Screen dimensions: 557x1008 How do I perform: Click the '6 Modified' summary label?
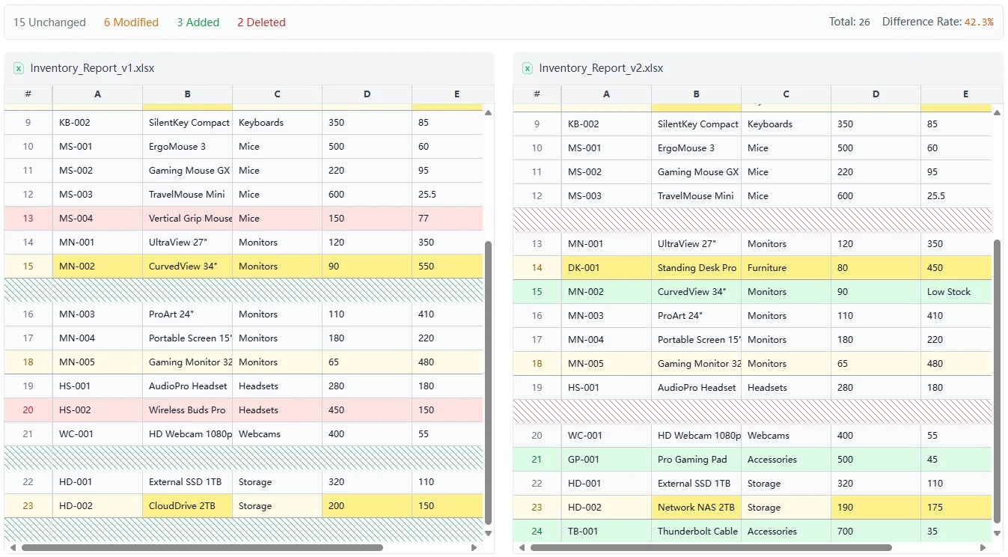[x=131, y=22]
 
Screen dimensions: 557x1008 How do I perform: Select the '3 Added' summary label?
[x=198, y=22]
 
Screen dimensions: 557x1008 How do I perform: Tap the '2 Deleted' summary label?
[x=261, y=22]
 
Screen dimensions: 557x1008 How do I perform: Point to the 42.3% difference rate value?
[x=979, y=22]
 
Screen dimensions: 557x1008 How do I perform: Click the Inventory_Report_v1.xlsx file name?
[x=92, y=68]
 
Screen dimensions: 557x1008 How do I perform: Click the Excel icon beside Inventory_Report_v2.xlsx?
[x=528, y=68]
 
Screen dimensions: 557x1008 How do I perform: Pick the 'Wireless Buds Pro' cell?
[x=187, y=410]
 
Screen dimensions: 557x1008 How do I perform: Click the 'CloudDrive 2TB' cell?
[x=182, y=506]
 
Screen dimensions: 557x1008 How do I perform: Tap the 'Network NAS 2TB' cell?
[x=695, y=508]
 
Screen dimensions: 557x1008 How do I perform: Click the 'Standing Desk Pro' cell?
[x=696, y=268]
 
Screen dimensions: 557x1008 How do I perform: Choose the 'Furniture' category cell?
[x=767, y=268]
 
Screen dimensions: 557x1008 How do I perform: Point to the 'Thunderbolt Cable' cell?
[x=697, y=532]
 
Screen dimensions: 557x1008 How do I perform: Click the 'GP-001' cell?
[x=584, y=460]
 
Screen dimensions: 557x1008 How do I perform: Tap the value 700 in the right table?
[x=845, y=532]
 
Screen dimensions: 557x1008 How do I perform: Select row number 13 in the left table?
[x=28, y=219]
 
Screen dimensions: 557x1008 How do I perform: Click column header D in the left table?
[x=367, y=94]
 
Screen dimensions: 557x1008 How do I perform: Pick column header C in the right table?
[x=786, y=94]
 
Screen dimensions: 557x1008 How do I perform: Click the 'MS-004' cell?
[x=76, y=219]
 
